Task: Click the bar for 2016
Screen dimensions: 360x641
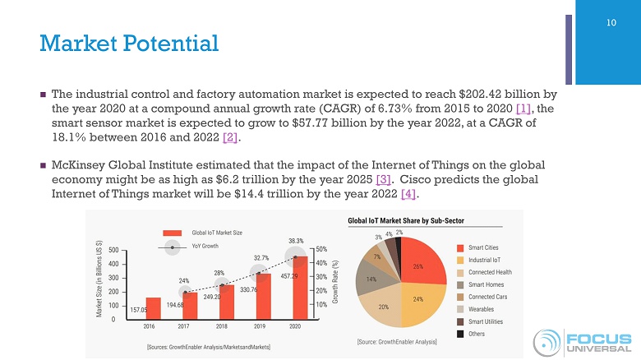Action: tap(153, 308)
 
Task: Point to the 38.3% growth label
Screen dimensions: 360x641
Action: tap(295, 241)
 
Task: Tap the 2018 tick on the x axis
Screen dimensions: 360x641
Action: tap(222, 325)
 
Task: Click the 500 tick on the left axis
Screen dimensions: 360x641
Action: tap(113, 250)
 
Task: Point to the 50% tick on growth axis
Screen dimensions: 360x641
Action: tap(323, 249)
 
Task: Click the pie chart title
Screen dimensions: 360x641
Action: tap(406, 221)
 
